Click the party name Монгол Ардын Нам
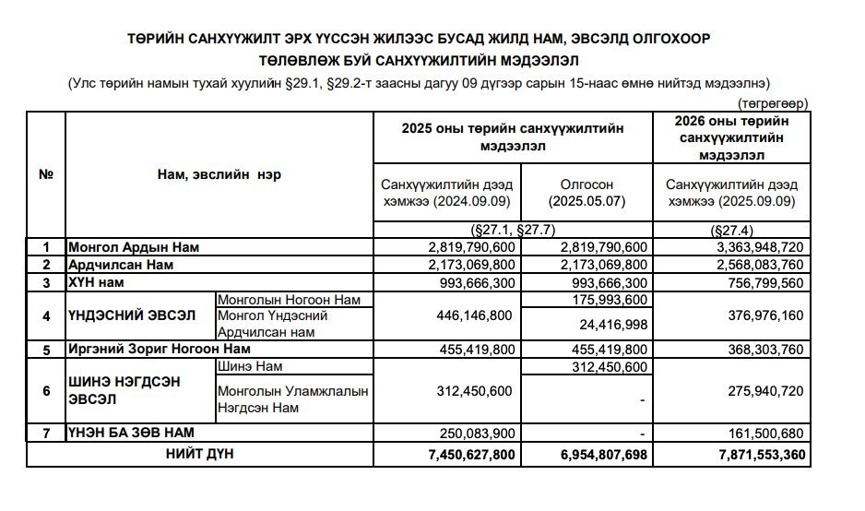pyautogui.click(x=133, y=247)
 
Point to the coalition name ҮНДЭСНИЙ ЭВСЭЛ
pyautogui.click(x=132, y=315)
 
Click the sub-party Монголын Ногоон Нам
pyautogui.click(x=281, y=299)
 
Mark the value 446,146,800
pyautogui.click(x=471, y=315)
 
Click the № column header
pyautogui.click(x=45, y=175)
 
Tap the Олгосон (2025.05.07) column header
pyautogui.click(x=587, y=192)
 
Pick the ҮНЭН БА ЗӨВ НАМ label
pyautogui.click(x=131, y=433)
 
